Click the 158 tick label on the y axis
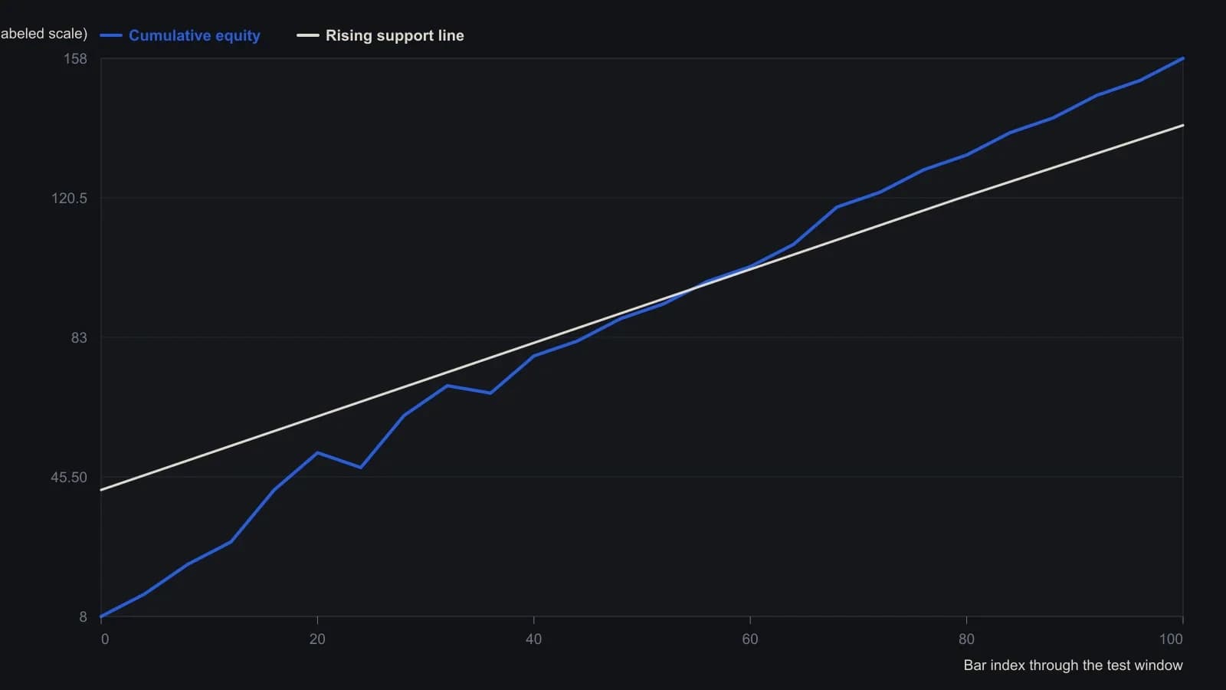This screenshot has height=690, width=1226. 76,58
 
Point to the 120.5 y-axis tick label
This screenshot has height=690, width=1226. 70,199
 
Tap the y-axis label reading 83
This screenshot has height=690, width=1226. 79,338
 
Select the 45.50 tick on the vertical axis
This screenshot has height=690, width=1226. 69,478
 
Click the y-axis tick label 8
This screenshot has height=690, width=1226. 84,617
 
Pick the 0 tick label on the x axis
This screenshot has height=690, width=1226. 105,639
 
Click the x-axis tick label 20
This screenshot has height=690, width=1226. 317,639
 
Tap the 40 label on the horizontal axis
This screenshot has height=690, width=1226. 533,639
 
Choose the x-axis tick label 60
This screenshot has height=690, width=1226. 750,639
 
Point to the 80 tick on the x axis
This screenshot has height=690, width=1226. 966,639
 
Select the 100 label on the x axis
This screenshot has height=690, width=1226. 1172,639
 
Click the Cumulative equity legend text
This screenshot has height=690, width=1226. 195,35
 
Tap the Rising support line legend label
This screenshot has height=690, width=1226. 395,35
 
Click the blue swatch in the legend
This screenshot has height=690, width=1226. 111,35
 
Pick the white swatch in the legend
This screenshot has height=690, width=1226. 308,35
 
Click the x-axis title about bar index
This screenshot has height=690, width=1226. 1074,665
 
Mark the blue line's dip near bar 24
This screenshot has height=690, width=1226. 360,467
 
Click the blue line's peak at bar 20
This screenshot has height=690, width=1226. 317,452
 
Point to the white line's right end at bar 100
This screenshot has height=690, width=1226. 1183,126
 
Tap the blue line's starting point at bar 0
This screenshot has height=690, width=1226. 101,616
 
